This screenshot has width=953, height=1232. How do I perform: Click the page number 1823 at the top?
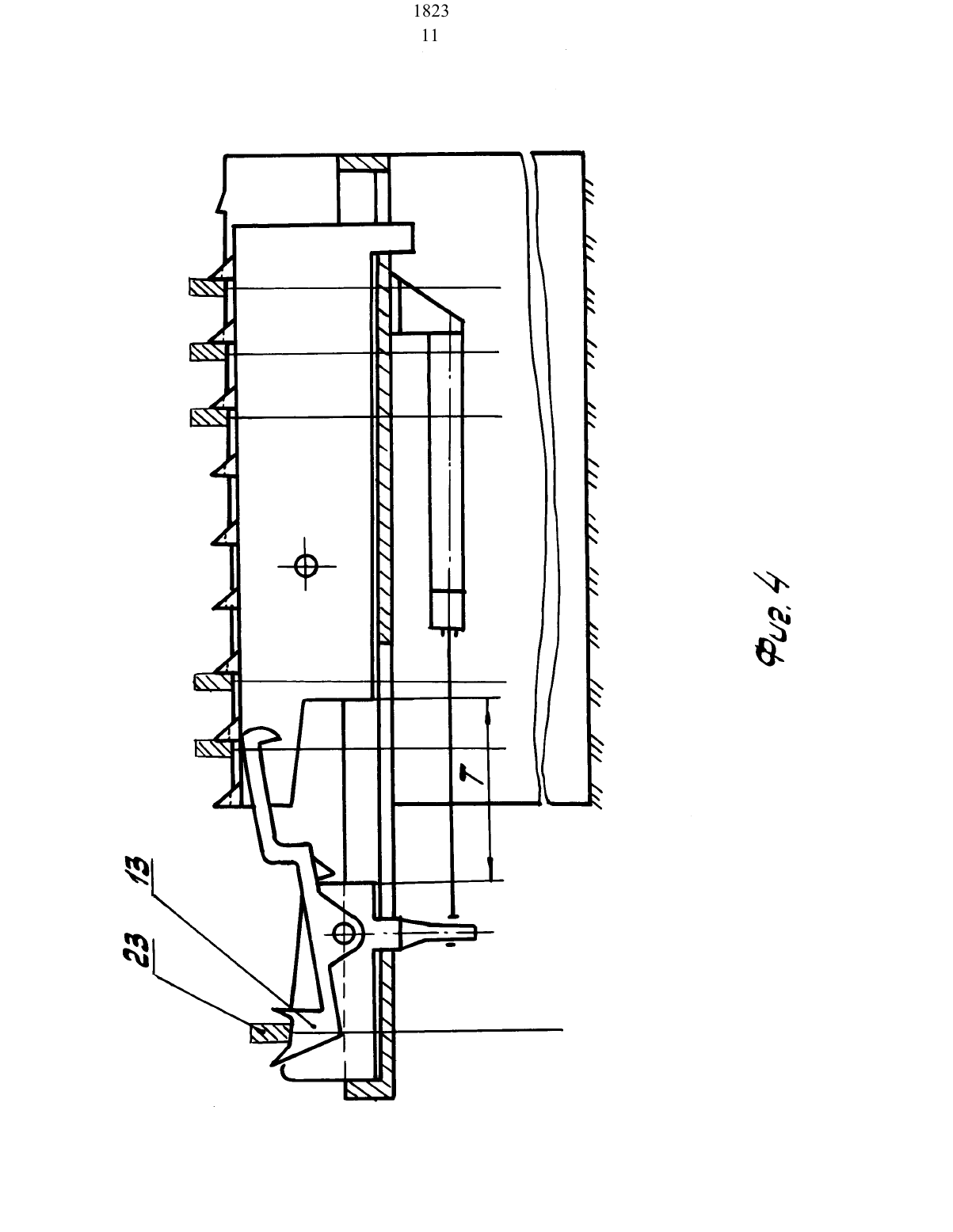[x=431, y=11]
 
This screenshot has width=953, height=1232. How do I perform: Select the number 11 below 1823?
[x=430, y=36]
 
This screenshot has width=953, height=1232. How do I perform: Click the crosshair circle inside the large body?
[x=307, y=565]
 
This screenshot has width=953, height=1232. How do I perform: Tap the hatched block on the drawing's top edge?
[x=363, y=163]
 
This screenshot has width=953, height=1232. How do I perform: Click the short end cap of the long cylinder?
[x=447, y=609]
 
